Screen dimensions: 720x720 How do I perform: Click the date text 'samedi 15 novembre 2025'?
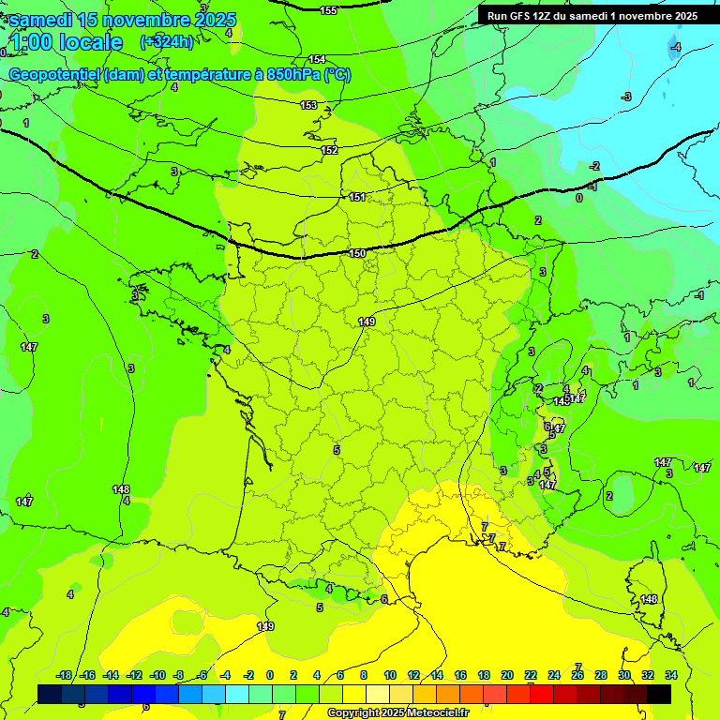pos(123,20)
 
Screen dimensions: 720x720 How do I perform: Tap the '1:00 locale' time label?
pos(66,42)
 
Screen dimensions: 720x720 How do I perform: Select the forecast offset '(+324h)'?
pos(166,42)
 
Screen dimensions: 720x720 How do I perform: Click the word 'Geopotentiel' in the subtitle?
pos(53,75)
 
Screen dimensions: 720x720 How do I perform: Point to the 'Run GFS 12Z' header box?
pos(592,16)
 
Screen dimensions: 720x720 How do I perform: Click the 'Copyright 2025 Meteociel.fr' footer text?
pos(397,712)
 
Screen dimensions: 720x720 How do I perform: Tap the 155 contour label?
pos(328,10)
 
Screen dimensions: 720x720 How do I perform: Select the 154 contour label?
pos(318,59)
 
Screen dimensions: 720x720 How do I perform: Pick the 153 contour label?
pos(309,105)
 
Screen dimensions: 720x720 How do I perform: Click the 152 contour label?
pos(329,150)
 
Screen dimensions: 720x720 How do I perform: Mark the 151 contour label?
pos(357,197)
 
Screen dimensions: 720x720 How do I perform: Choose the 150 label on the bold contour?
pos(357,253)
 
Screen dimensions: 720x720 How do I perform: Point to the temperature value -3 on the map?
pos(627,97)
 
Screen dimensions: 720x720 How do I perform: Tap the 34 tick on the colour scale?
pos(671,675)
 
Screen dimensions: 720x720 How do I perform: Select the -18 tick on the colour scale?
pos(65,675)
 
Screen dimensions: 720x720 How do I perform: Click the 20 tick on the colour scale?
pos(507,675)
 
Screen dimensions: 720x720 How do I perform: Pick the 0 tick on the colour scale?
pos(270,675)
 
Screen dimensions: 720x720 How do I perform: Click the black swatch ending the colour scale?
pos(658,694)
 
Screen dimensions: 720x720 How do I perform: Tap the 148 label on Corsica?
pos(649,599)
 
